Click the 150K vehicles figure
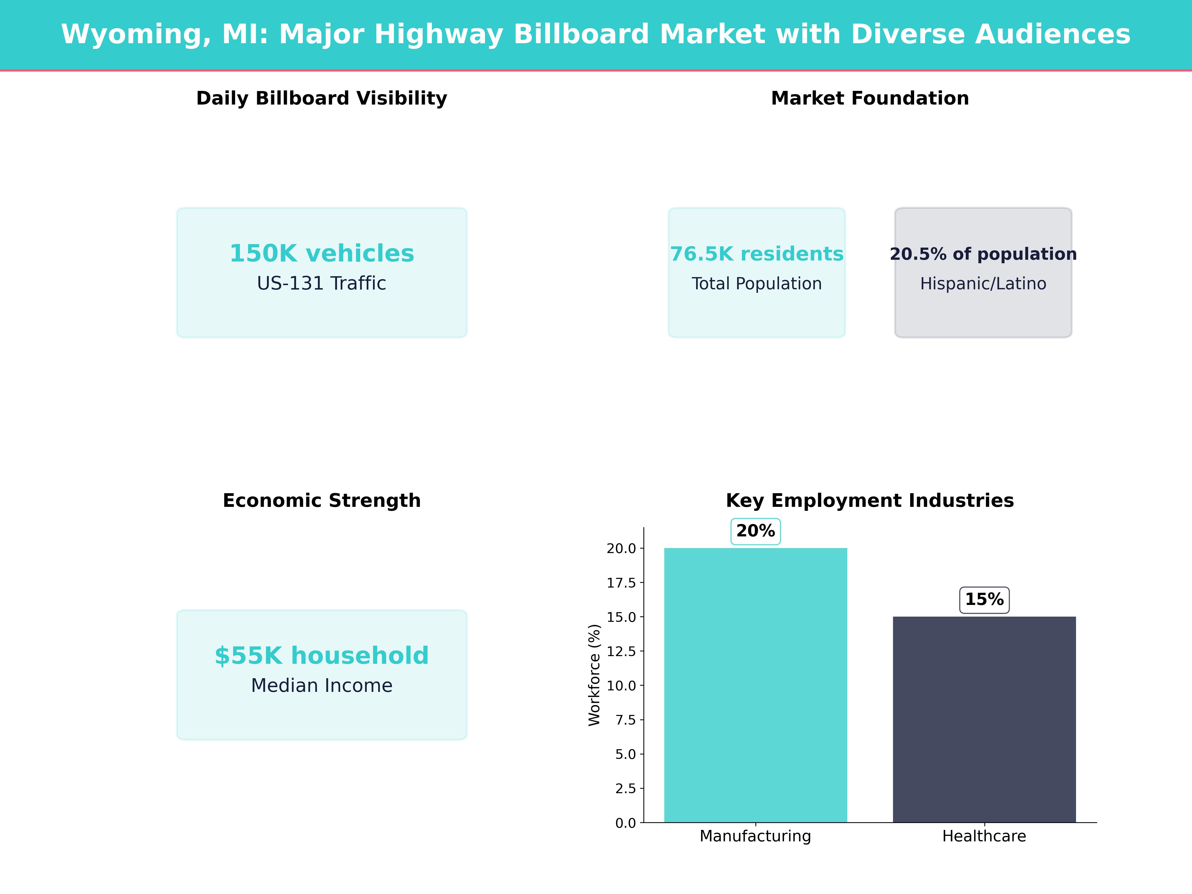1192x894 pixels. coord(322,253)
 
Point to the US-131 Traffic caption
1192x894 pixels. coord(322,283)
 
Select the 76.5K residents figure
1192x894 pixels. coord(757,254)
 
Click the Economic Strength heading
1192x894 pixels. coord(322,501)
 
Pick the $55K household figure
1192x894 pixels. coord(322,656)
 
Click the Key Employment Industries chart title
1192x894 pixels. coord(870,501)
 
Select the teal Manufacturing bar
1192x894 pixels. coord(755,684)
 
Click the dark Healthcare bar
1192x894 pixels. coord(984,719)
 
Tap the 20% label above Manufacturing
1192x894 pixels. coord(755,531)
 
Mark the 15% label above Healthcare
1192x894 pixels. coord(984,600)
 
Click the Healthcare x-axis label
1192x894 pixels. coord(984,836)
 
